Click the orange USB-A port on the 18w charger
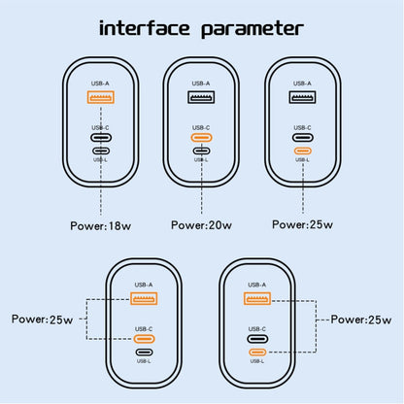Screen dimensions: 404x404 pos(101,97)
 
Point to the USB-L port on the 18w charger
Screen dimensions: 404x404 pos(101,151)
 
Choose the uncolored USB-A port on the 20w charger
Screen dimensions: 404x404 pos(202,97)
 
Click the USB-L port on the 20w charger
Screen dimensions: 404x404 pos(202,151)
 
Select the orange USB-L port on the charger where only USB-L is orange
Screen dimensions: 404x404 pos(302,151)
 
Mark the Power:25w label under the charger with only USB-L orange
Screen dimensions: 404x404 pos(302,223)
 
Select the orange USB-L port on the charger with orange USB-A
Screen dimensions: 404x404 pos(257,352)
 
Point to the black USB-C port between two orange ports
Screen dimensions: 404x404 pos(257,336)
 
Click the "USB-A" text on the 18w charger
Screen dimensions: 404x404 pos(101,84)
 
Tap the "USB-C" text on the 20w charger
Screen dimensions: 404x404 pos(202,126)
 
